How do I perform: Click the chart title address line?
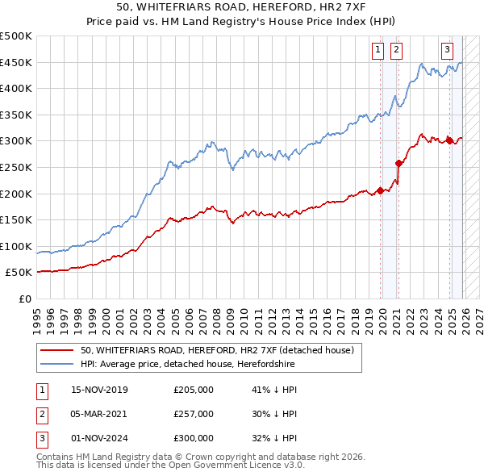242,7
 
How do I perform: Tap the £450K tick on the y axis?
16,62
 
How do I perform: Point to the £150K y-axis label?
16,219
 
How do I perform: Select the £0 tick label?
25,299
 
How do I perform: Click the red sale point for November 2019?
380,191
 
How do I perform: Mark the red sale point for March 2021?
398,164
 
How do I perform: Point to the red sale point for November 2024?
449,141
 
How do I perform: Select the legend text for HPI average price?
187,364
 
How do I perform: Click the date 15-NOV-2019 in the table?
99,390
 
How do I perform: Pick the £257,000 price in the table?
194,414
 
